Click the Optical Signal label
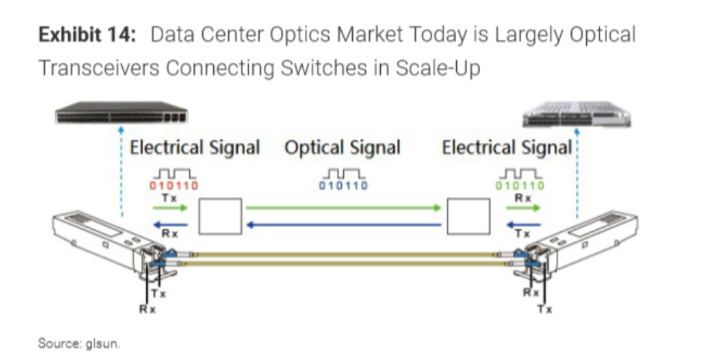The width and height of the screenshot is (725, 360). [342, 148]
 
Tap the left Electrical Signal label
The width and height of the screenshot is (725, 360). [194, 148]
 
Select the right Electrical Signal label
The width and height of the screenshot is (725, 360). [507, 148]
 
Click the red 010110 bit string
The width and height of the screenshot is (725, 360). [173, 186]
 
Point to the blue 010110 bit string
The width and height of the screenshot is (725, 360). [343, 186]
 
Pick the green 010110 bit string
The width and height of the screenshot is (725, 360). [520, 186]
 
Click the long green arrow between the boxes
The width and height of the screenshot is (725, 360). [343, 208]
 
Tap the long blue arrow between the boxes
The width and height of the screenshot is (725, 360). [343, 224]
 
